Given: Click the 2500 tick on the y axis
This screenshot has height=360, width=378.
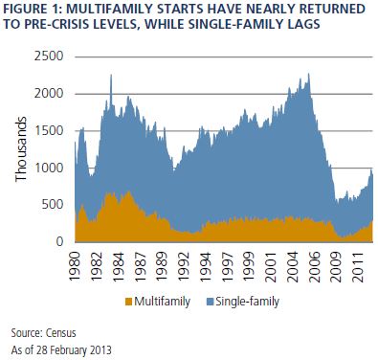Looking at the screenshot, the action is [x=49, y=56].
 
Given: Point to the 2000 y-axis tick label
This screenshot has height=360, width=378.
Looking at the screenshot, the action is [x=49, y=94].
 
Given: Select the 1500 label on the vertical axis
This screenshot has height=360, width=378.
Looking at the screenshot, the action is [x=49, y=131].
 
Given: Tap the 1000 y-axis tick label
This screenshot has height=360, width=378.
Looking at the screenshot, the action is [x=49, y=168].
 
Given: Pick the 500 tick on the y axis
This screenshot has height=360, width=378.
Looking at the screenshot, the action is [x=53, y=205].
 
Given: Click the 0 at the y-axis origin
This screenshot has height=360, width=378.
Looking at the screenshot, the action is [x=60, y=241].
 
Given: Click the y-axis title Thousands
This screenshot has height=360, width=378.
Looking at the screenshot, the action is [x=21, y=149].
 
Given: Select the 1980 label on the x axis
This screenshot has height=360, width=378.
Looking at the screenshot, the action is [x=75, y=266].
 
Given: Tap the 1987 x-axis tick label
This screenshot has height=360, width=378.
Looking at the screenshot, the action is [x=140, y=266].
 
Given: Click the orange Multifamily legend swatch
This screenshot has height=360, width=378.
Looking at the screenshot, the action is [x=128, y=302].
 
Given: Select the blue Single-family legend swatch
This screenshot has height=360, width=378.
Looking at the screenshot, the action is [x=210, y=302].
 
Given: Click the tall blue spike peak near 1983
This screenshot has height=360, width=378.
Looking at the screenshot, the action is [x=111, y=75].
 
